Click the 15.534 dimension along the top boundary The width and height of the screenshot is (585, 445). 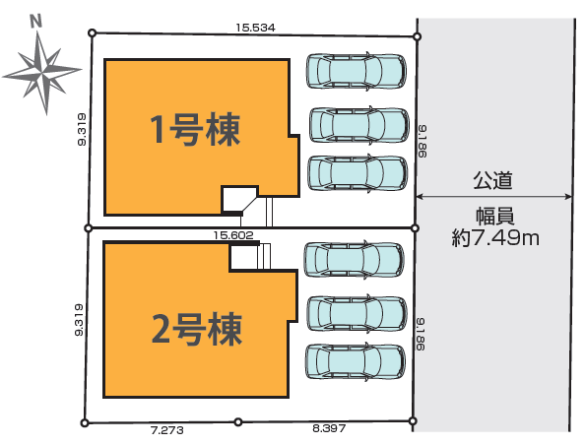(255, 28)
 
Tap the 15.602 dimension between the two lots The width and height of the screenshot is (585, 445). (233, 235)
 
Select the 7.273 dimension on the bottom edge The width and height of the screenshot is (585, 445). (167, 430)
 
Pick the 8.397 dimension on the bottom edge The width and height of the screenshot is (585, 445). (329, 428)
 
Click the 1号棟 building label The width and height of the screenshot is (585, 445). (195, 129)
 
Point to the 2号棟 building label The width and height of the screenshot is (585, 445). (197, 329)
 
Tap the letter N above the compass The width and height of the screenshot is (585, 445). (35, 22)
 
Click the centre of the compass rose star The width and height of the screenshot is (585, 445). (42, 71)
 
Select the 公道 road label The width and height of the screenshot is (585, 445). (492, 180)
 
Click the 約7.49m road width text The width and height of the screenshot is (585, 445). (495, 237)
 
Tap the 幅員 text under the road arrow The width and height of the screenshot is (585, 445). (495, 217)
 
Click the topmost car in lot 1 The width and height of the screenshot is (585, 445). (357, 71)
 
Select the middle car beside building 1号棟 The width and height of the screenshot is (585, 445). (359, 125)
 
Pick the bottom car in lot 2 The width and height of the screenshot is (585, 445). (356, 362)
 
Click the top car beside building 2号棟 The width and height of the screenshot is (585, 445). (355, 259)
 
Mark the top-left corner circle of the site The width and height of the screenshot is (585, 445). (93, 33)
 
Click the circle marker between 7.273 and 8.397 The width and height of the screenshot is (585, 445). (238, 422)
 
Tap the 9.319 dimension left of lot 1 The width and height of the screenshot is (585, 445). (82, 129)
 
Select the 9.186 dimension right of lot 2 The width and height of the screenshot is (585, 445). (421, 334)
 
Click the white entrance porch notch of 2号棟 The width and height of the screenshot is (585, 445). (243, 257)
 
